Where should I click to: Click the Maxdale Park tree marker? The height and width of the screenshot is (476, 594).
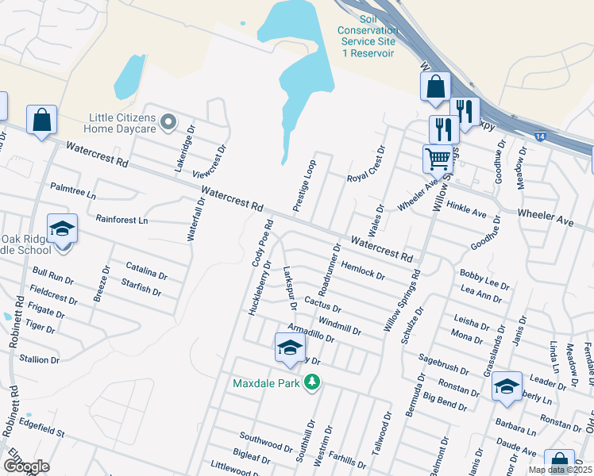(313, 383)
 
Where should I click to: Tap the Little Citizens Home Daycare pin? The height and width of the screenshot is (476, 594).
(167, 122)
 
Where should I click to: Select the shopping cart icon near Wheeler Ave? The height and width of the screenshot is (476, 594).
(438, 159)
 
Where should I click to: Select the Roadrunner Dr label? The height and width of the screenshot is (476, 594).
(326, 270)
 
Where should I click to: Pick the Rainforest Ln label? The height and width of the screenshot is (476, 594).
(121, 219)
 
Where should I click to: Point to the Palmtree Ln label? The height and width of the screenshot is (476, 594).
(72, 190)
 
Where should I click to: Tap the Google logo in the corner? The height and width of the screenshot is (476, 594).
(26, 466)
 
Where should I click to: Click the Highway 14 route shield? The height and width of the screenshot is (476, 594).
(539, 136)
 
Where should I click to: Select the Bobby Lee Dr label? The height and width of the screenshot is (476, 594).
(484, 278)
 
